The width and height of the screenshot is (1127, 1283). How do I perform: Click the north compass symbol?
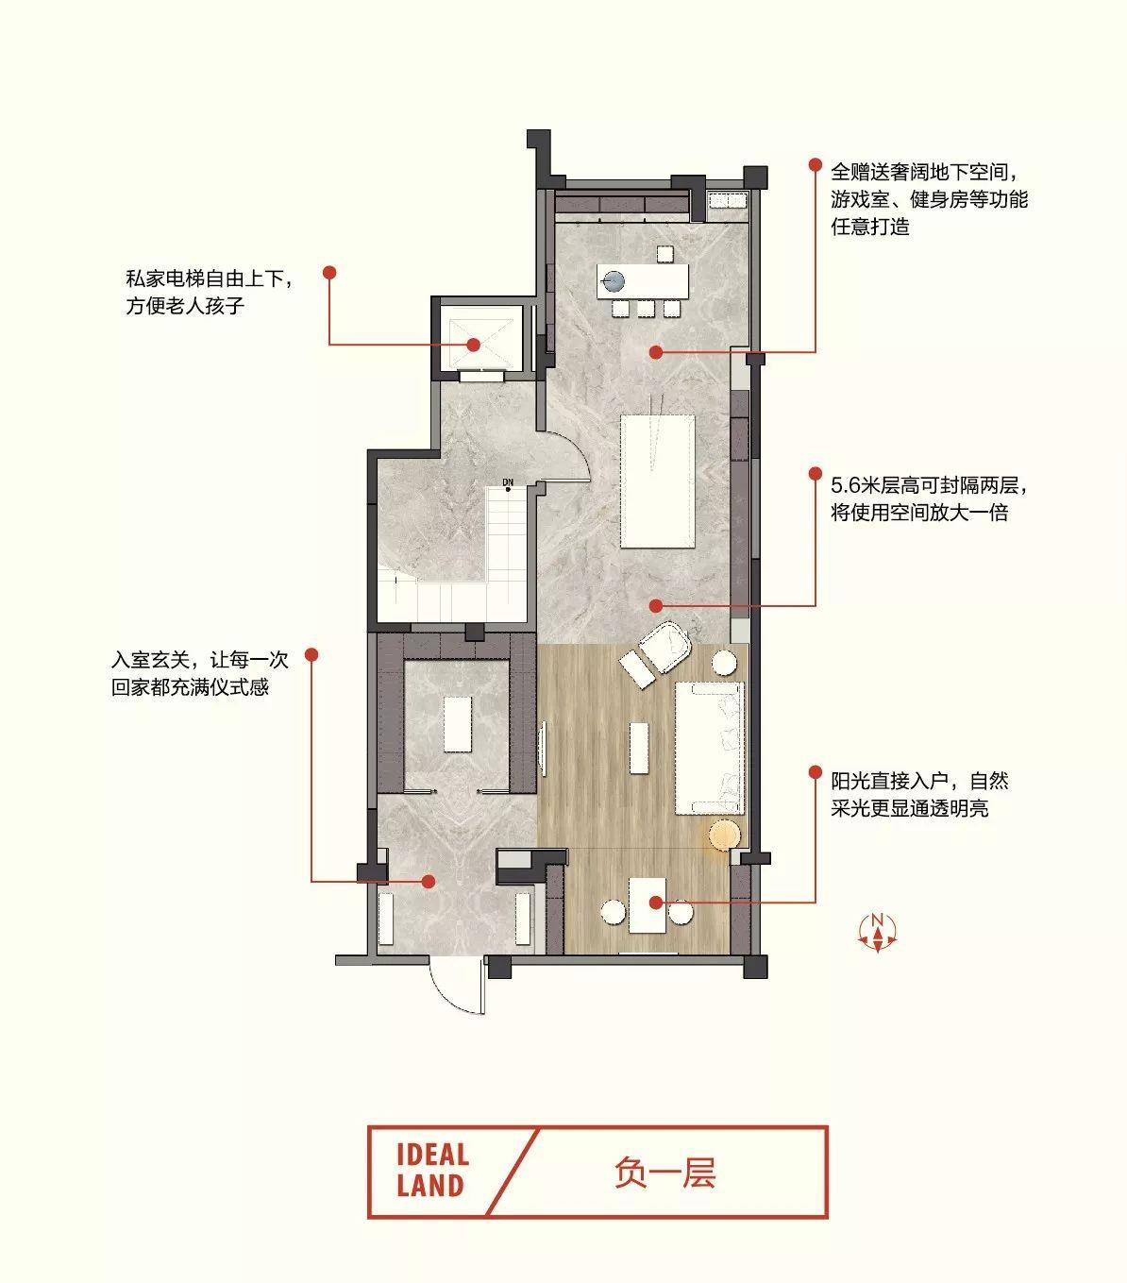[x=877, y=932]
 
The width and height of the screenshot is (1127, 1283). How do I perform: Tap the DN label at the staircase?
[x=507, y=482]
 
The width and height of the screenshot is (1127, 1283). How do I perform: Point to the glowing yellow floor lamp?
[x=724, y=836]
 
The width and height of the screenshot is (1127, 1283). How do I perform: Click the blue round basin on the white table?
[x=613, y=280]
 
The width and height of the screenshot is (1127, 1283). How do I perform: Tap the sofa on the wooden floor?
[x=709, y=748]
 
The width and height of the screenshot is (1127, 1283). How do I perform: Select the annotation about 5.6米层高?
[x=928, y=499]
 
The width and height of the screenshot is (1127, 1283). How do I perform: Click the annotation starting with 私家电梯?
[x=210, y=292]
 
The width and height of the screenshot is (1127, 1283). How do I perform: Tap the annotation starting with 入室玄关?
[x=199, y=673]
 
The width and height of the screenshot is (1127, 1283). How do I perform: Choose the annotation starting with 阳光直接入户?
[x=919, y=795]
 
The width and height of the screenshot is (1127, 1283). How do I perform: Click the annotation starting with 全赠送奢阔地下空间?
[x=929, y=199]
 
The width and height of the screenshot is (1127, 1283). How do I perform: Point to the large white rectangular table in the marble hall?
[x=657, y=481]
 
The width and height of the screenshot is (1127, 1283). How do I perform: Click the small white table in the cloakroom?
[x=458, y=724]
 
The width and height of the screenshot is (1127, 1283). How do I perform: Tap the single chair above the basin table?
[x=664, y=254]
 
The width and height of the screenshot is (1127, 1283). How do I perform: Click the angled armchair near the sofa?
[x=664, y=646]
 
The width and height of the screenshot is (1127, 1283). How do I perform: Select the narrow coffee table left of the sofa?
[x=639, y=749]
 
